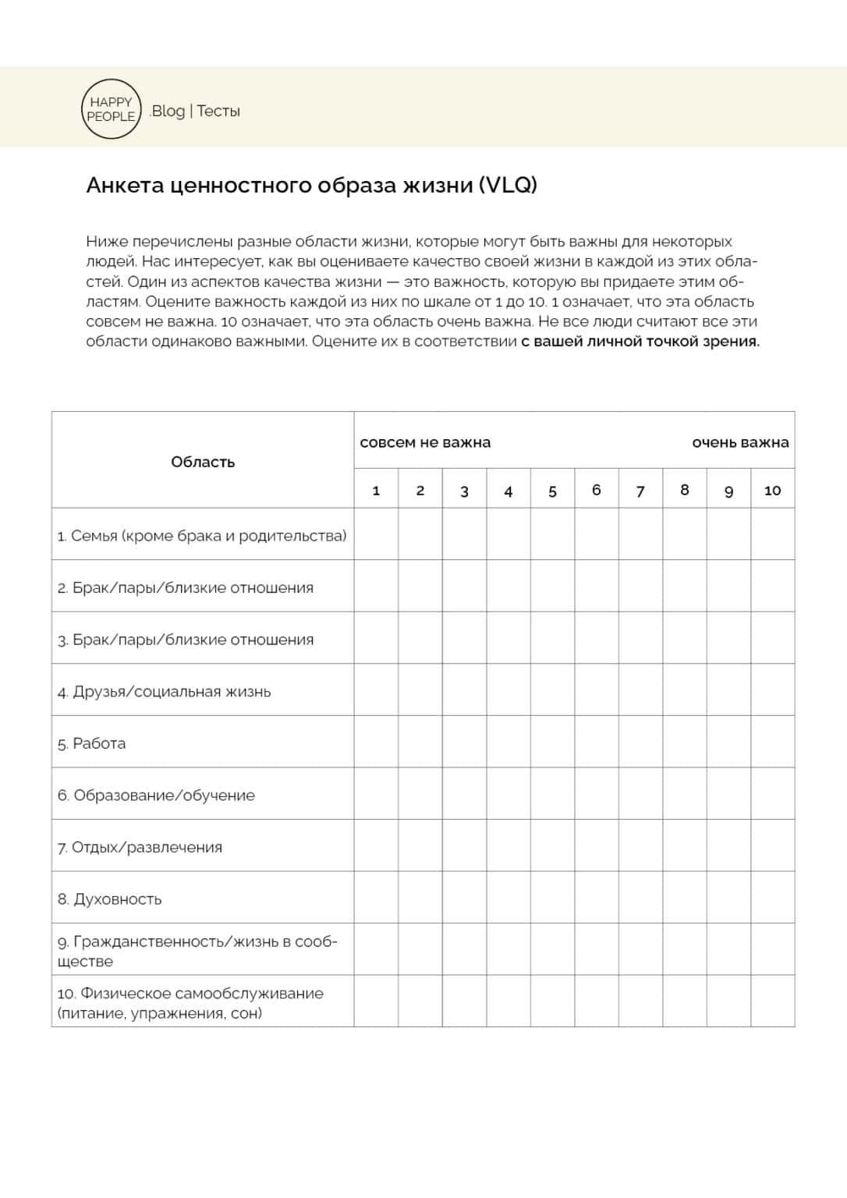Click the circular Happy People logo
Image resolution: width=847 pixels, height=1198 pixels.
coord(111,109)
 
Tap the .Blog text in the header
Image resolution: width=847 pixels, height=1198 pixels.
coord(167,111)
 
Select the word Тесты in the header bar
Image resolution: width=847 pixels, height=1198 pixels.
coord(218,111)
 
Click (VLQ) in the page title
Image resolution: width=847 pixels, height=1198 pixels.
coord(508,185)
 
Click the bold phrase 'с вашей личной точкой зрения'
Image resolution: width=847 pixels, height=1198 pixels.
coord(640,342)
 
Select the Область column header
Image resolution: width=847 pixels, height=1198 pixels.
coord(203,462)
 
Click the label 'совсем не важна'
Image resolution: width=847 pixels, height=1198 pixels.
coord(425,442)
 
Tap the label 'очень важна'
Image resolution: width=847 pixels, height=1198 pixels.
coord(740,442)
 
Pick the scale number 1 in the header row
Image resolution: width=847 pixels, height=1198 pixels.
coord(376,490)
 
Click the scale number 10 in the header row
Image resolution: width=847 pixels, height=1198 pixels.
coord(772,490)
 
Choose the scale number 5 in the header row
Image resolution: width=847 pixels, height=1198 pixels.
coord(552,491)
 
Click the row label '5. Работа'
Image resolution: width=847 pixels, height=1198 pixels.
coord(91,743)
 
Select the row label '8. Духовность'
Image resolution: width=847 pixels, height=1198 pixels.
coord(109,899)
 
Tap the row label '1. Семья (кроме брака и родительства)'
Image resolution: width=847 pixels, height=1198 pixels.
coord(201,536)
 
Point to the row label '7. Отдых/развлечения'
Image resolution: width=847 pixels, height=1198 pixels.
coord(140,847)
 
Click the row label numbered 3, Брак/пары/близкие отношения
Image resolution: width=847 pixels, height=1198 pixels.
coord(186,640)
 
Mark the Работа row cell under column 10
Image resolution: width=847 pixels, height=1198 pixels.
coord(772,742)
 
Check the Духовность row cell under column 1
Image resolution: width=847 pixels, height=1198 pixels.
coord(376,898)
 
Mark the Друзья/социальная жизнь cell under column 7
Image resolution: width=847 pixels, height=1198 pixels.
coord(640,689)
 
